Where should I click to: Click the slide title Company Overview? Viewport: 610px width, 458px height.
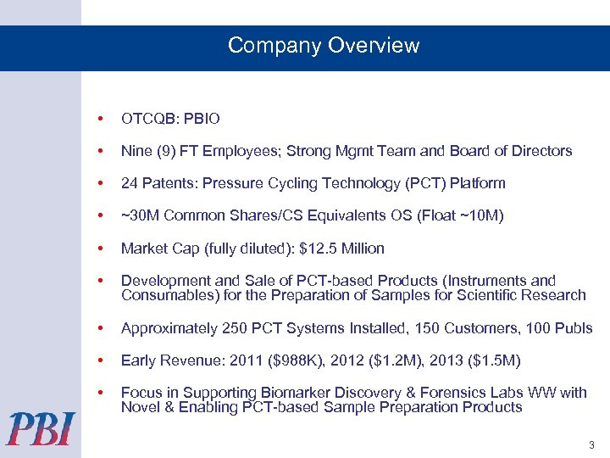pyautogui.click(x=324, y=46)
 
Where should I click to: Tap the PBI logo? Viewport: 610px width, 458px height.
pyautogui.click(x=41, y=428)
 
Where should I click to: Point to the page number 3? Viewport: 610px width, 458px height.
pyautogui.click(x=590, y=445)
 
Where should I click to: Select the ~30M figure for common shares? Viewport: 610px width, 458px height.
pyautogui.click(x=141, y=215)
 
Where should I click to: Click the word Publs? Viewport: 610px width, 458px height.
pyautogui.click(x=573, y=328)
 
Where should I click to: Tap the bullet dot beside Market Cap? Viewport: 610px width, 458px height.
pyautogui.click(x=101, y=249)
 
